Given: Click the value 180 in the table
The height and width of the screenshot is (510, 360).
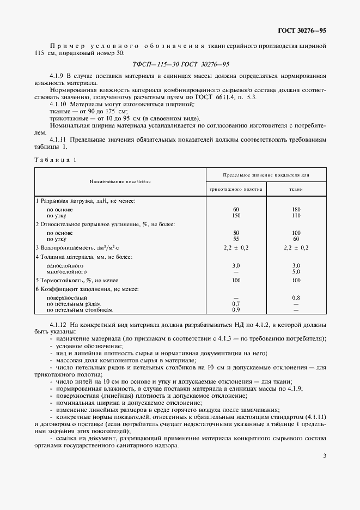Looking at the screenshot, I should (x=296, y=209).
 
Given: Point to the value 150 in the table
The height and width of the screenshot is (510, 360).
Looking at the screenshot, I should (x=236, y=215).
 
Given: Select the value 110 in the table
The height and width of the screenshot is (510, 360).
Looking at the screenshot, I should (x=296, y=215).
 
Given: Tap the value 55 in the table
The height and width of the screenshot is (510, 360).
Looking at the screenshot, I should (x=236, y=239).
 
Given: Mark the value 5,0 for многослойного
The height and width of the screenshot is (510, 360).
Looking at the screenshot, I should (x=296, y=271).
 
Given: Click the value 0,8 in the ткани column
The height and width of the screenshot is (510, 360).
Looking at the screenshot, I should (x=296, y=297).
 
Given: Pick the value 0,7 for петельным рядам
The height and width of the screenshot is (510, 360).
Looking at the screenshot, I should (x=236, y=303).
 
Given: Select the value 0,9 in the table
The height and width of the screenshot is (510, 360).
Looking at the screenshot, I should (x=236, y=309).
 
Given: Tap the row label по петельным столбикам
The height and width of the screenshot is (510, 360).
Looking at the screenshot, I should (x=80, y=309).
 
